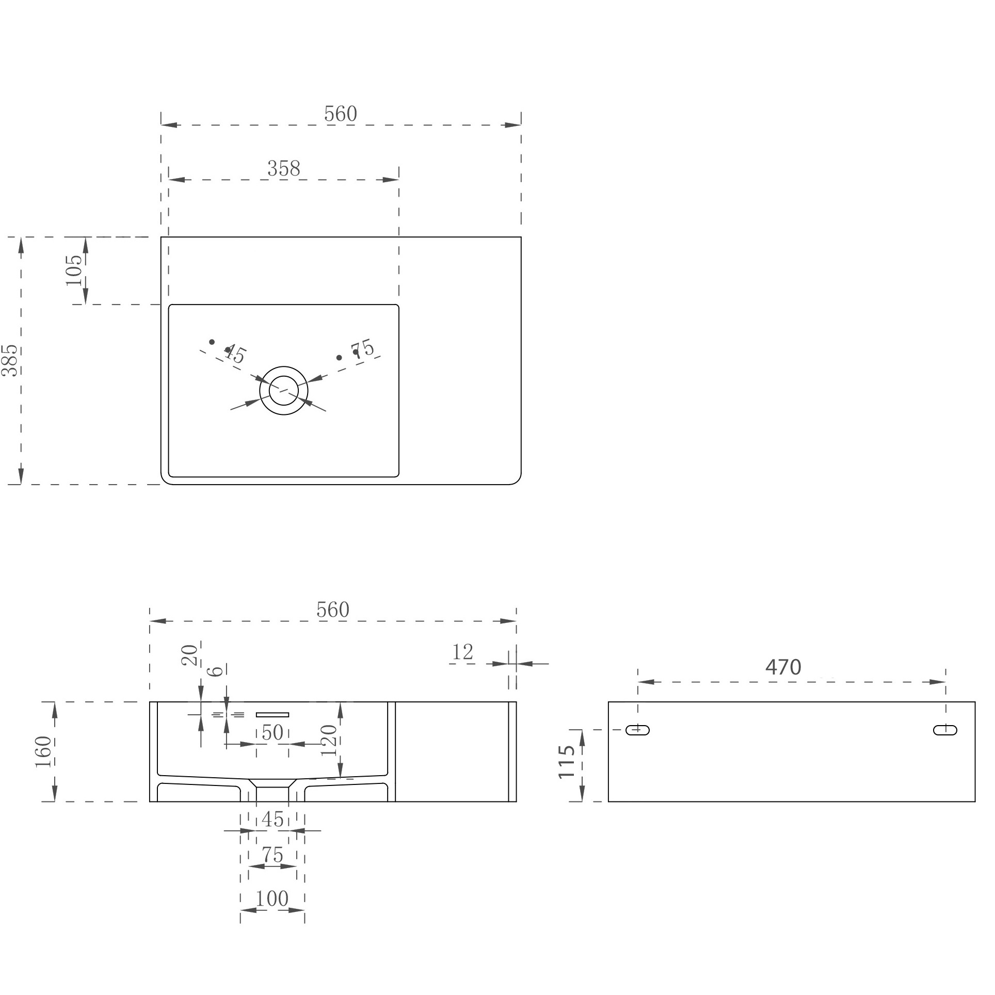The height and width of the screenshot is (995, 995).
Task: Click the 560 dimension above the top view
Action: click(341, 114)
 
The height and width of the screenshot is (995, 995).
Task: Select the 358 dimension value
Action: click(284, 169)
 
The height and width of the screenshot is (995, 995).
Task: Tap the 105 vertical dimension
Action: click(74, 270)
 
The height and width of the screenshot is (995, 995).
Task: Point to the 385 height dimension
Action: click(10, 360)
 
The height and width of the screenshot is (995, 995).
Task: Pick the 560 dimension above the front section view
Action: click(333, 611)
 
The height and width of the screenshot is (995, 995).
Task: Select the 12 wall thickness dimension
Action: click(462, 653)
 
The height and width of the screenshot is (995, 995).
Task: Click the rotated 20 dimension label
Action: click(190, 655)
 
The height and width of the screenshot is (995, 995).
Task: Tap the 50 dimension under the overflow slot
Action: click(272, 733)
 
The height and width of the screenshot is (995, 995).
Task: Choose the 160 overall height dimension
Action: click(44, 752)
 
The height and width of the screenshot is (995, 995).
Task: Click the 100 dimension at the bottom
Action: click(272, 899)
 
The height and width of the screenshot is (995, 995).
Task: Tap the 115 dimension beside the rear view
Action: click(567, 761)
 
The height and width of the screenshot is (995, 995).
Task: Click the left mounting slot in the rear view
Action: click(638, 730)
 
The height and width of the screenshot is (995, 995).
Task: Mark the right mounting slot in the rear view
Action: click(945, 730)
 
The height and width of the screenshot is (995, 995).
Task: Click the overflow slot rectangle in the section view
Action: click(272, 715)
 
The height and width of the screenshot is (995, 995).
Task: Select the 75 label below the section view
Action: click(272, 856)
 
